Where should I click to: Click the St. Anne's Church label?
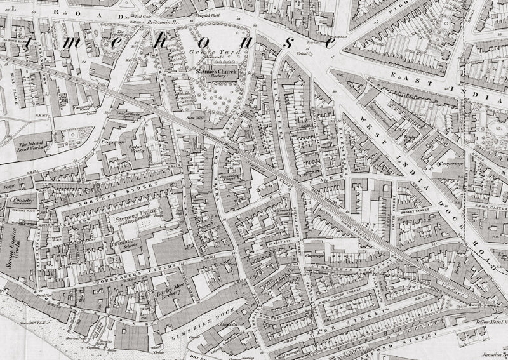pos(216,72)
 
